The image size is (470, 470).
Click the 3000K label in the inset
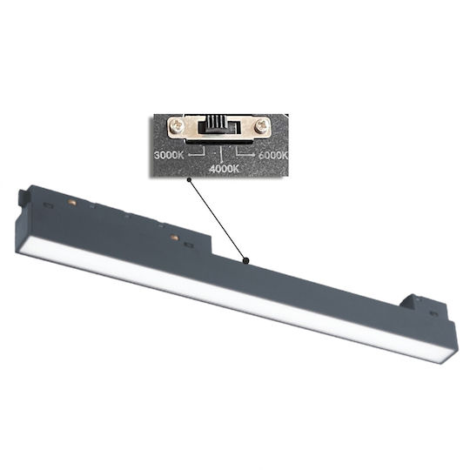169,155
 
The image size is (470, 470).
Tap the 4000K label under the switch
224,169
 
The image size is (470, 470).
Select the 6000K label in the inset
272,155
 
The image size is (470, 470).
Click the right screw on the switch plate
261,125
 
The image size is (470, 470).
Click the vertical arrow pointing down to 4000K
222,156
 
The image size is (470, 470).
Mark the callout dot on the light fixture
245,261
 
